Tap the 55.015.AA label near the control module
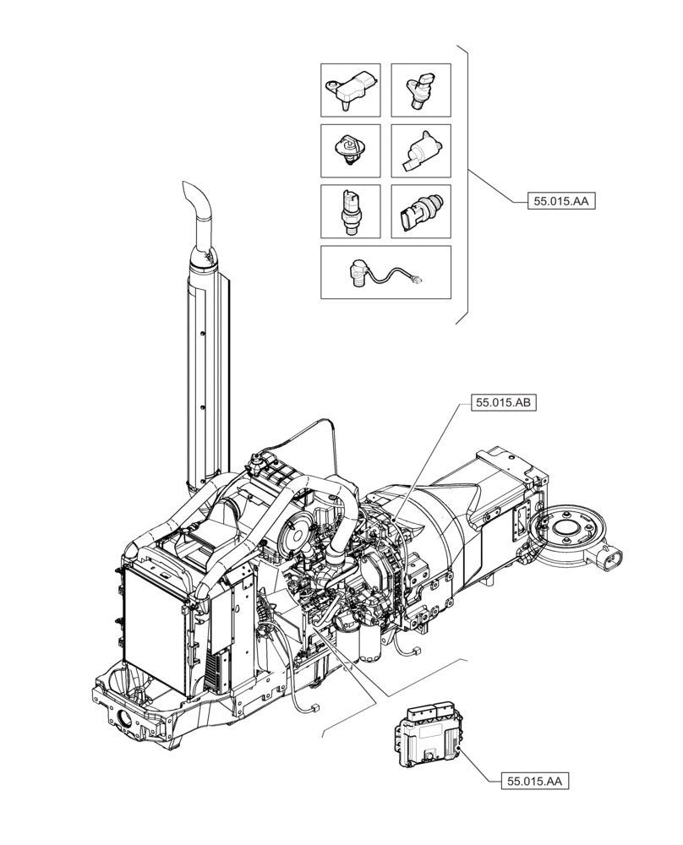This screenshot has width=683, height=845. pyautogui.click(x=535, y=782)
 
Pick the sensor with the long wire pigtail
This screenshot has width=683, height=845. pyautogui.click(x=384, y=273)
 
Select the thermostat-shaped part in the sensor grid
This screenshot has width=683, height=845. pyautogui.click(x=349, y=152)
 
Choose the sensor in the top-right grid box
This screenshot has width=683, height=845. pyautogui.click(x=419, y=90)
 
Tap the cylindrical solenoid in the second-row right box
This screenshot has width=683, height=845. pyautogui.click(x=419, y=152)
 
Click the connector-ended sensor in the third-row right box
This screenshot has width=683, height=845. pyautogui.click(x=419, y=211)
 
